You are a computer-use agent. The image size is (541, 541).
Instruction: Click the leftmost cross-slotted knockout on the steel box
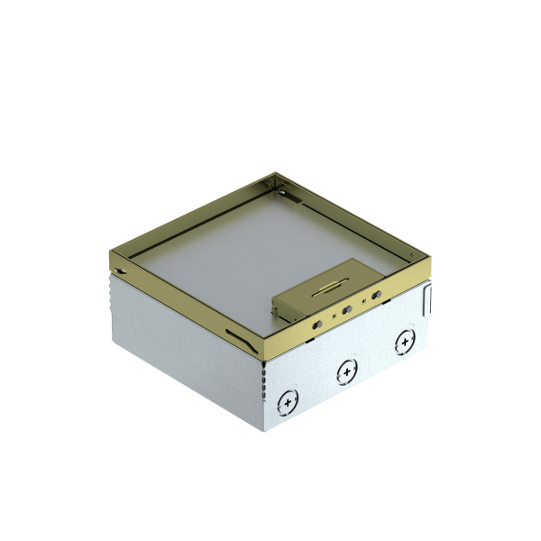tap(289, 399)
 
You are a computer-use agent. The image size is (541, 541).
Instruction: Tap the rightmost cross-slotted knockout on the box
tap(403, 342)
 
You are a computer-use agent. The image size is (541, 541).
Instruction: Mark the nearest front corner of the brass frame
tap(261, 353)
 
